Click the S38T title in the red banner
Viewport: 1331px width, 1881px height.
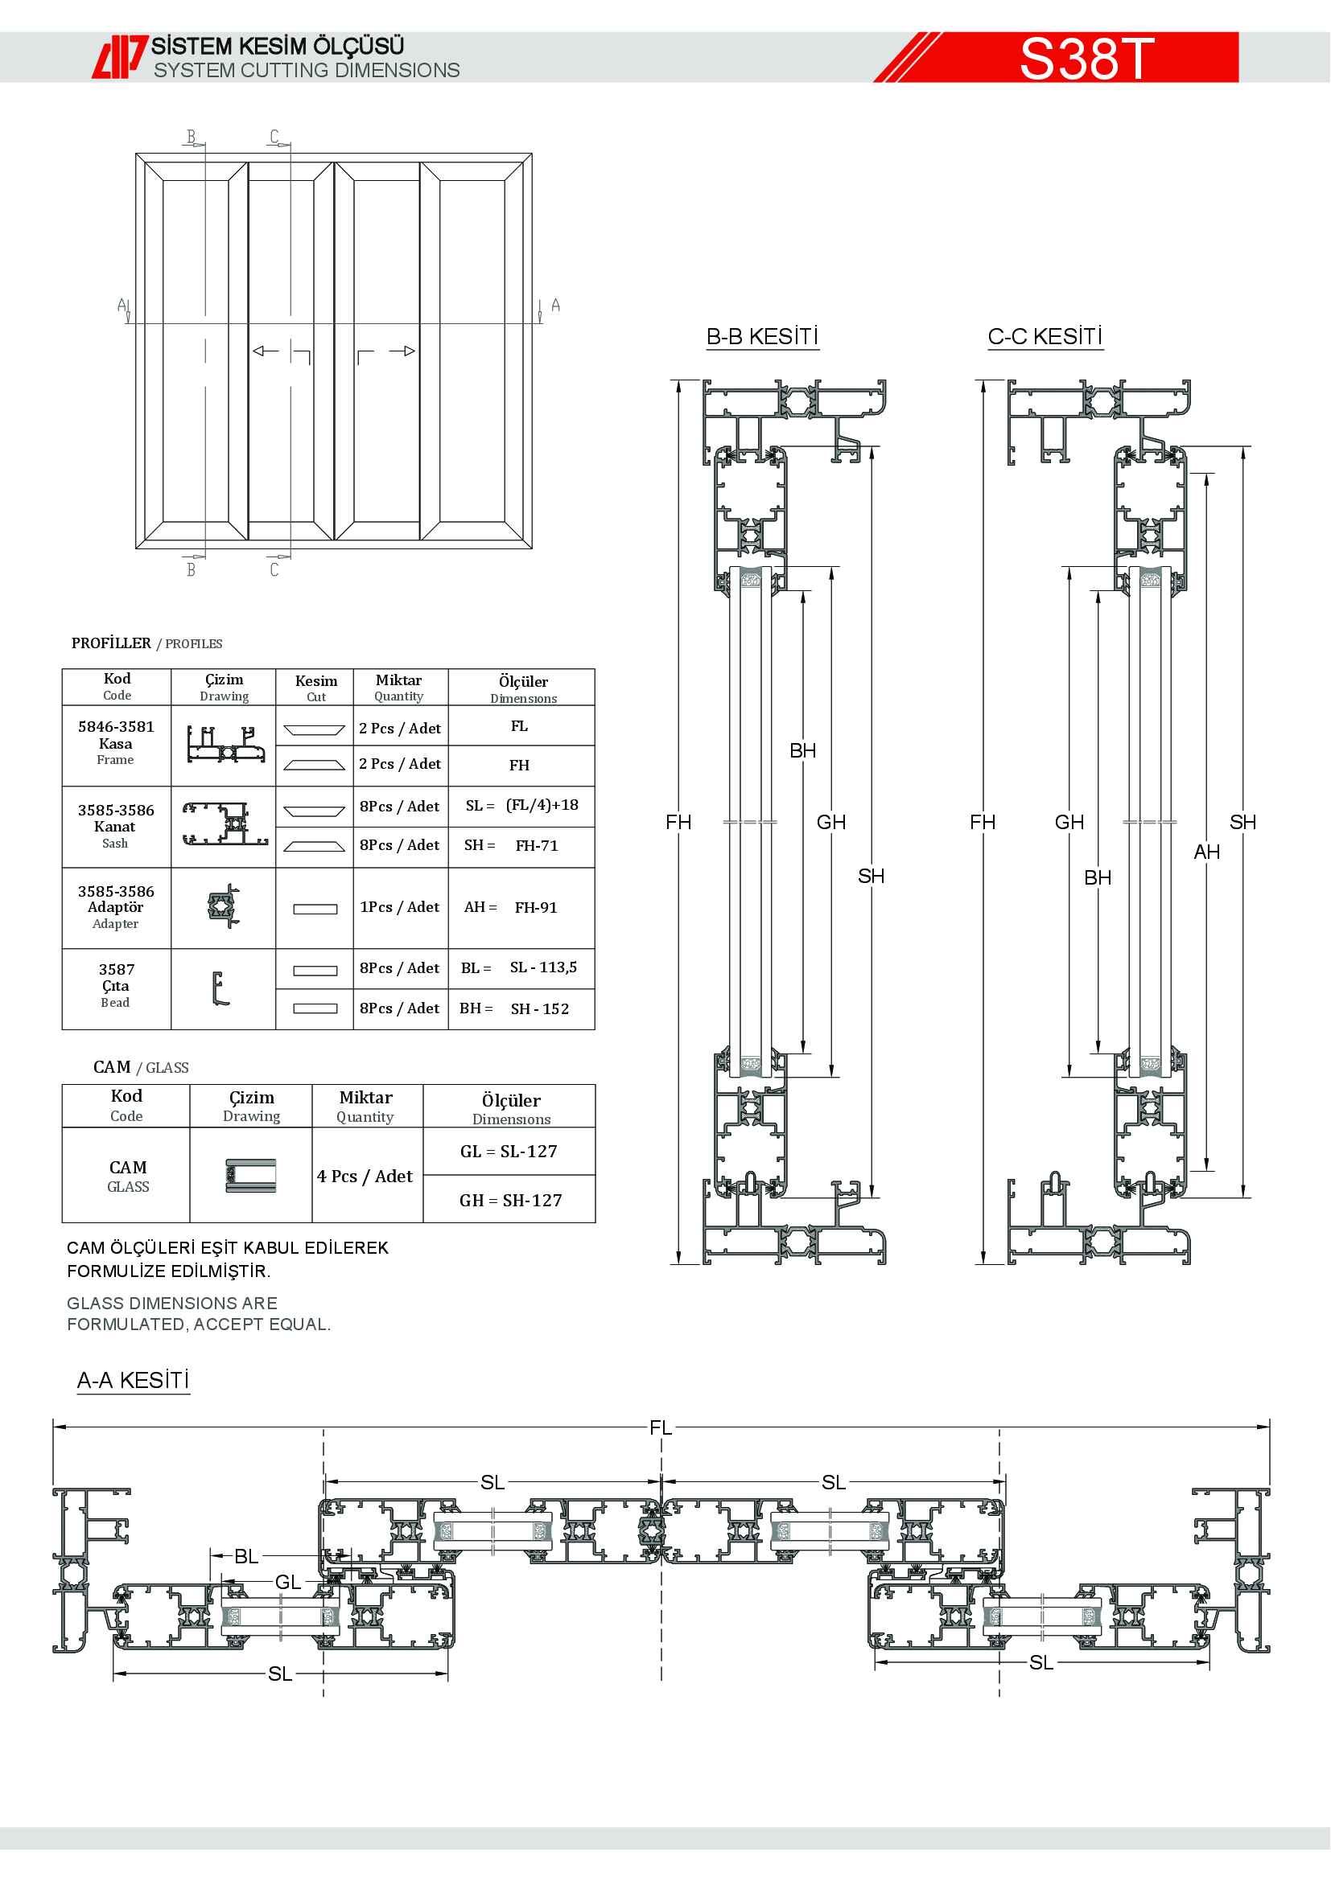(x=1086, y=58)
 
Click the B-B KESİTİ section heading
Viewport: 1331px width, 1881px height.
(x=762, y=337)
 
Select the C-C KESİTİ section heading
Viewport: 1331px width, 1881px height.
(x=1045, y=337)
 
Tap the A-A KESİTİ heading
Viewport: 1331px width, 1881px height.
(x=133, y=1381)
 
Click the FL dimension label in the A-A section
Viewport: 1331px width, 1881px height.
(x=661, y=1428)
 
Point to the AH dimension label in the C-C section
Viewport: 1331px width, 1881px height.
(x=1206, y=852)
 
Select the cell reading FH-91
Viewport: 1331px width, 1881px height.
(x=536, y=908)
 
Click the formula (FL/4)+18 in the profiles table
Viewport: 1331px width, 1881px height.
(x=542, y=805)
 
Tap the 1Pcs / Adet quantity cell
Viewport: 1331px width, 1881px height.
(x=399, y=907)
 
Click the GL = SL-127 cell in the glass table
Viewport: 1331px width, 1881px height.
(x=509, y=1152)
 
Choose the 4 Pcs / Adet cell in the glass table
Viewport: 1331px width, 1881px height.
(x=365, y=1177)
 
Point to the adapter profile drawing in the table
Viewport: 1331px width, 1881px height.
(x=224, y=906)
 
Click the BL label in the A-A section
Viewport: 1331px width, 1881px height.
(x=246, y=1557)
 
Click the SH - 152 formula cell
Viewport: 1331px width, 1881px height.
(x=539, y=1009)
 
